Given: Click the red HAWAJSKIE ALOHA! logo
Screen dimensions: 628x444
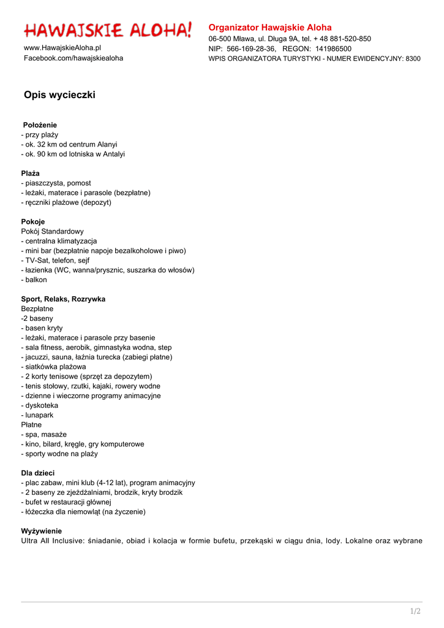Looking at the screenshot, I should coord(108,30).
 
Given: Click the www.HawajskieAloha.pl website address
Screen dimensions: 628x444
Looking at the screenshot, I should coord(62,48).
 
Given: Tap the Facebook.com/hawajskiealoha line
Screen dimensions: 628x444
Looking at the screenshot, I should coord(73,58).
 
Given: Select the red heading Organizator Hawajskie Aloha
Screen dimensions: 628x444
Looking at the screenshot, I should coord(270,28).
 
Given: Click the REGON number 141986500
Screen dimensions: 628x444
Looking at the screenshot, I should coord(333,48).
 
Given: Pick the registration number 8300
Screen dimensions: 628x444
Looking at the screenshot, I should coord(413,59).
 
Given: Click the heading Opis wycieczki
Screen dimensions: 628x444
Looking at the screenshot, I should coord(59,95).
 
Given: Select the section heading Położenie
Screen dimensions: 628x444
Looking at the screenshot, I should coord(40,125).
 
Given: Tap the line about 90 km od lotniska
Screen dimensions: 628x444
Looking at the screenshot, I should coord(73,154).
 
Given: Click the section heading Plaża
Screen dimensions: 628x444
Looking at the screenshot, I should coord(30,174).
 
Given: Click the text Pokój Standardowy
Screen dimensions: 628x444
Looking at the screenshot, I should coord(52,231).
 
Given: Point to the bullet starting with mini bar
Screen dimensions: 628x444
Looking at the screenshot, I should coord(103,251).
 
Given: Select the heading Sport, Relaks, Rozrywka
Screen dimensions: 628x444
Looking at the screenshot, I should coord(63,299).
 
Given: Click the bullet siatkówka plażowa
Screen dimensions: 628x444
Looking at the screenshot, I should coord(54,367).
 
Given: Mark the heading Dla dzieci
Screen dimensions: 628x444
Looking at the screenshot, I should coord(37,473).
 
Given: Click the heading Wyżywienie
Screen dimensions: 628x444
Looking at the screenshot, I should coord(42,531).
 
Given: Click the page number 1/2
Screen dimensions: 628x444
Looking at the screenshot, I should coord(415,611).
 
